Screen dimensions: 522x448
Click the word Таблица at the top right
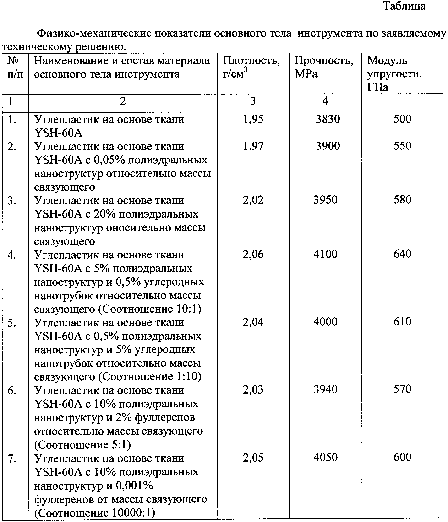(x=404, y=6)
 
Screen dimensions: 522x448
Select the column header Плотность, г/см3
(x=251, y=68)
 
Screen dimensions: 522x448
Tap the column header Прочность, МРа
(x=324, y=67)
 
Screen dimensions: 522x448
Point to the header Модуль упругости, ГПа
(x=394, y=74)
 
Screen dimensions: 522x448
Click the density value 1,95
(x=253, y=119)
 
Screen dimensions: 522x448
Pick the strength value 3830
(x=328, y=119)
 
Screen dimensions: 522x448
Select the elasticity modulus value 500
(x=402, y=119)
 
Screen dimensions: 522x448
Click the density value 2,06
(x=253, y=254)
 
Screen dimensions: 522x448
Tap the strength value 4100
(x=325, y=254)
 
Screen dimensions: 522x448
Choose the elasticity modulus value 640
(x=402, y=254)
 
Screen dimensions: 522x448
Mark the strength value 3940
(x=325, y=389)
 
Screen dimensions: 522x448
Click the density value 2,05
(x=253, y=458)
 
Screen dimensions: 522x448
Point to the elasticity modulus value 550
(x=402, y=146)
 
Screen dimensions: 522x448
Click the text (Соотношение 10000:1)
(x=95, y=513)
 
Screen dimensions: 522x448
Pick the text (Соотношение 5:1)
(x=82, y=445)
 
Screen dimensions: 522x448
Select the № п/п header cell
(x=15, y=68)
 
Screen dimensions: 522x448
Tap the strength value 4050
(x=325, y=458)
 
